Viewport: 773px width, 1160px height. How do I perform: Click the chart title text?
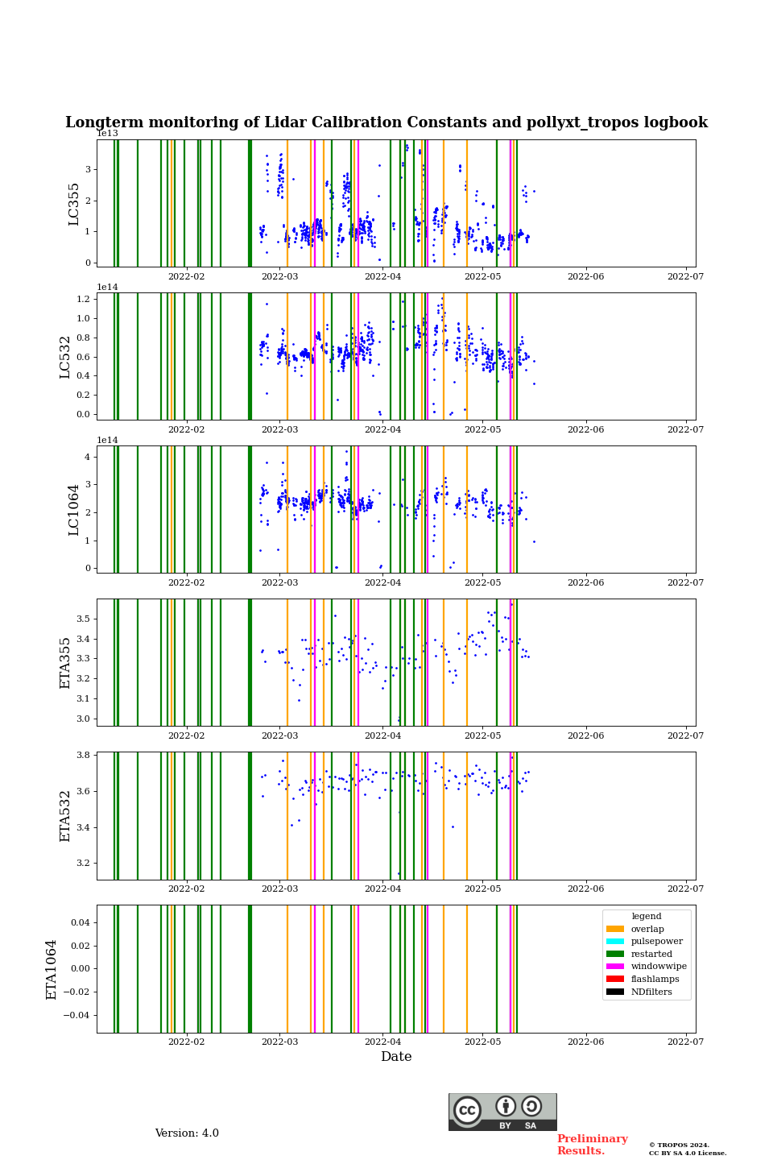[x=386, y=122]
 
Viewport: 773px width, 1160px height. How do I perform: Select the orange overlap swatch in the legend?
[x=615, y=929]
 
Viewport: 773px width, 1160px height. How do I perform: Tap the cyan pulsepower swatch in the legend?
[x=615, y=941]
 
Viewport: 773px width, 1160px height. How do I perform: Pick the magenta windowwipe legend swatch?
[x=615, y=966]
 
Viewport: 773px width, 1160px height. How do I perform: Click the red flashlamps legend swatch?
[x=615, y=979]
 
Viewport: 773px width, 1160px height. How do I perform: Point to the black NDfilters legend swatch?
[x=615, y=992]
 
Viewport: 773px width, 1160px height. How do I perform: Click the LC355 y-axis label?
[x=74, y=204]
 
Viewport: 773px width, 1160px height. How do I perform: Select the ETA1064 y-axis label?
[x=52, y=969]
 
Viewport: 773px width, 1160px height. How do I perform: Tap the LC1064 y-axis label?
[x=74, y=509]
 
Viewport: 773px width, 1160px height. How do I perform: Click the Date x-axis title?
[x=396, y=1057]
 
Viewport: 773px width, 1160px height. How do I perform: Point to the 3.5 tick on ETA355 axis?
[x=84, y=619]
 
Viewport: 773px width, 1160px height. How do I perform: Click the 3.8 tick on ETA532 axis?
[x=84, y=756]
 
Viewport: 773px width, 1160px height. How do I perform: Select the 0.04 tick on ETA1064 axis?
[x=79, y=922]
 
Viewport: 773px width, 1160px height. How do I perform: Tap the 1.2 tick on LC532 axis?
[x=84, y=299]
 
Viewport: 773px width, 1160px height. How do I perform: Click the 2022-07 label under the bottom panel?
[x=685, y=1042]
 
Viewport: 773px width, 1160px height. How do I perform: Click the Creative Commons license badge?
[x=502, y=1112]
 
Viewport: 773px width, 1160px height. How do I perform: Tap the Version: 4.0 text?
[x=187, y=1133]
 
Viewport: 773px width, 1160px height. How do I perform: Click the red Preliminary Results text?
[x=592, y=1145]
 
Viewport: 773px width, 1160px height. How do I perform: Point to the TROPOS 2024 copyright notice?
[x=688, y=1149]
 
